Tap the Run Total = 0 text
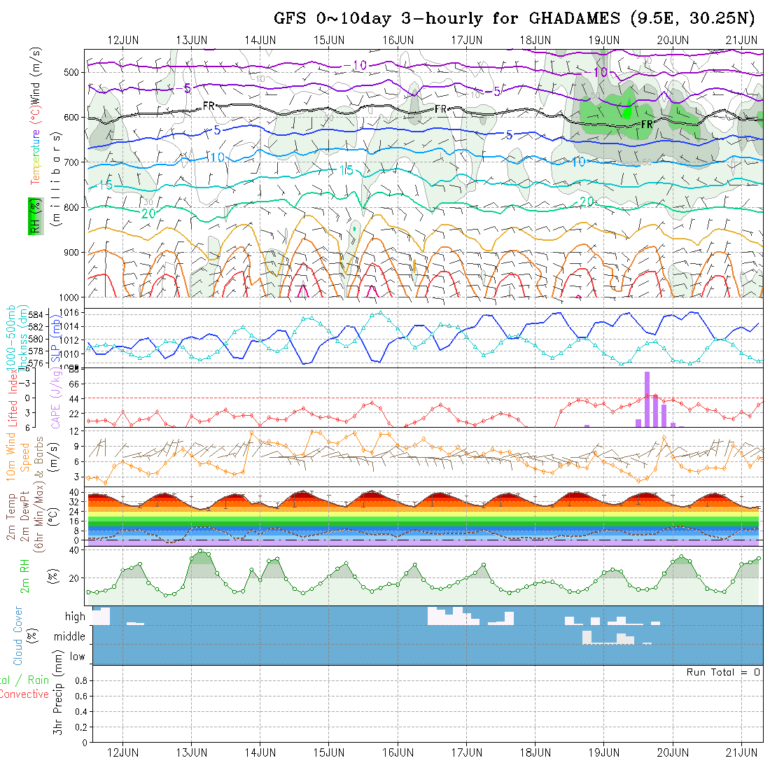pyautogui.click(x=723, y=672)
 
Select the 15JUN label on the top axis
pyautogui.click(x=328, y=39)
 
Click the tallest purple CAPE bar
pyautogui.click(x=647, y=399)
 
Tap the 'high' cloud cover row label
pyautogui.click(x=75, y=617)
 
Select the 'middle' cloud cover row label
pyautogui.click(x=70, y=637)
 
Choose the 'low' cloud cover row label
pyautogui.click(x=77, y=657)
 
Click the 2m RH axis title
pyautogui.click(x=25, y=576)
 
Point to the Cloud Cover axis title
pyautogui.click(x=18, y=635)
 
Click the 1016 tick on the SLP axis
pyautogui.click(x=73, y=313)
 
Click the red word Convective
pyautogui.click(x=24, y=694)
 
